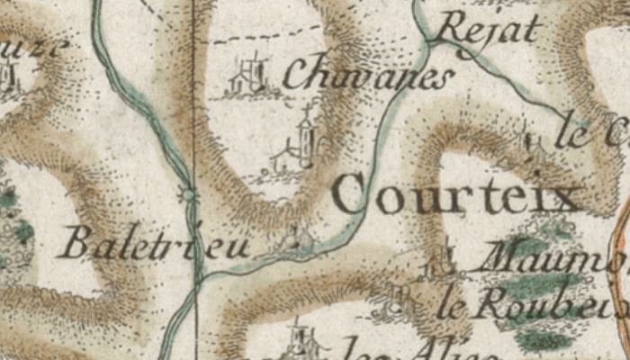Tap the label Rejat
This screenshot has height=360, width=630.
tap(491, 31)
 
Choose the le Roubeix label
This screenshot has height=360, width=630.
tap(531, 306)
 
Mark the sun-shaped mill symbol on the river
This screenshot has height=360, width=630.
tap(188, 193)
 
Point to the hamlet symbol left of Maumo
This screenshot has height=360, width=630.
tap(440, 262)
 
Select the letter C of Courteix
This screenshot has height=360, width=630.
tap(353, 194)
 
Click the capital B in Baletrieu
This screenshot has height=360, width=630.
tap(77, 242)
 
